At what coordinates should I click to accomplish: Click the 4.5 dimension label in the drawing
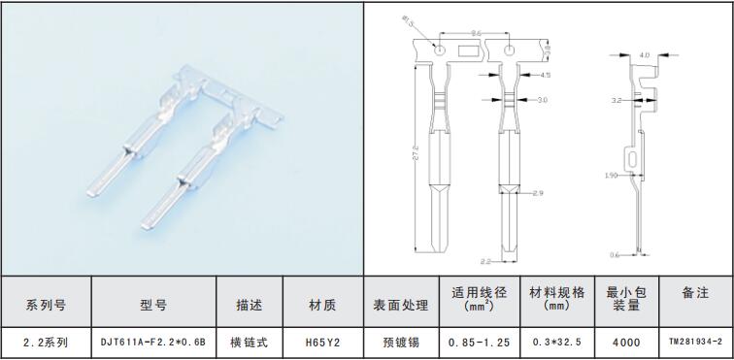[532, 75]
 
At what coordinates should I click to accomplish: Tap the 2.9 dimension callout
[538, 193]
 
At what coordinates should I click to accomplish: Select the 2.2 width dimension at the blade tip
[485, 262]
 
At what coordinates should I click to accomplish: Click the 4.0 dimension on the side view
[644, 55]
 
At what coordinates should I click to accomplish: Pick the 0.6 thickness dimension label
[615, 255]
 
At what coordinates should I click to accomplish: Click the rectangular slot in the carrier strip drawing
[468, 50]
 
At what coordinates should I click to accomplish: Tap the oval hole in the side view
[633, 159]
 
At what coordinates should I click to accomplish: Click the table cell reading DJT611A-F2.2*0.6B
[153, 343]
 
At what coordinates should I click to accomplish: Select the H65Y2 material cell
[322, 343]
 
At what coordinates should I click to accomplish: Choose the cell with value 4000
[626, 343]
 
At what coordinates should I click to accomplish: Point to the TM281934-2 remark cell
[696, 343]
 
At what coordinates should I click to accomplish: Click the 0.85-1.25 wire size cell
[479, 343]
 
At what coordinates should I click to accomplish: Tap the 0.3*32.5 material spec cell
[557, 343]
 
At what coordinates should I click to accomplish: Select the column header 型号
[153, 306]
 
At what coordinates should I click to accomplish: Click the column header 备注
[695, 293]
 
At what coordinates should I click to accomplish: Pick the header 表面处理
[401, 306]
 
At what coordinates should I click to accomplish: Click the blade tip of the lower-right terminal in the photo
[145, 227]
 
